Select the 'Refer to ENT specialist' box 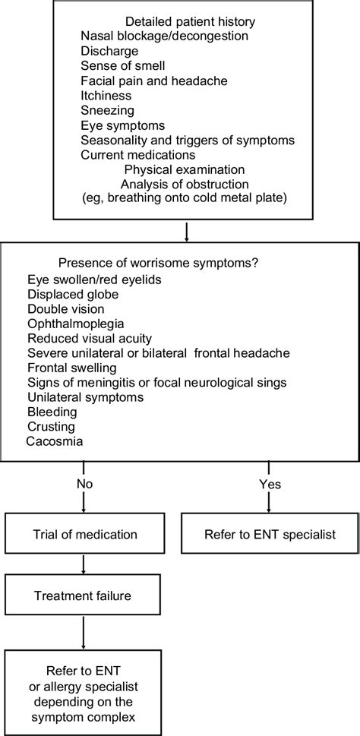click(x=270, y=534)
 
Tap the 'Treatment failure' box click(x=82, y=595)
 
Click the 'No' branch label click(x=85, y=483)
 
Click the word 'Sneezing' click(x=105, y=110)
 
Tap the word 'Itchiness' click(x=106, y=96)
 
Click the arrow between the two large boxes click(x=186, y=229)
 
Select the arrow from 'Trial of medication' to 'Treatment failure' click(x=82, y=565)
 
